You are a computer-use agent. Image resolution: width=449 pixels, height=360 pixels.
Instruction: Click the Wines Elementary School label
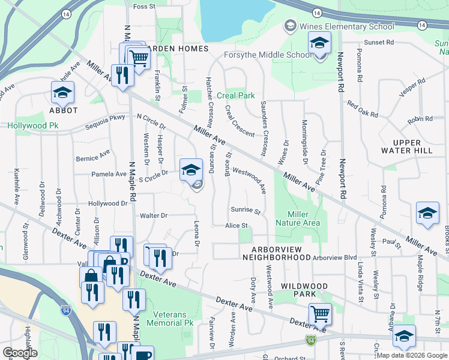[x=348, y=26]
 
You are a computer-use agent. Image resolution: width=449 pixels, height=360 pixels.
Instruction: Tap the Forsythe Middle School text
[x=268, y=55]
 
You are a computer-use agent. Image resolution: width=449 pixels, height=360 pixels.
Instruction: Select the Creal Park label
[x=236, y=95]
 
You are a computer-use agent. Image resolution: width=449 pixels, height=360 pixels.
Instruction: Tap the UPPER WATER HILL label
[x=406, y=146]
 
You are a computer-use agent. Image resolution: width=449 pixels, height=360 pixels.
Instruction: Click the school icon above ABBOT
[x=62, y=93]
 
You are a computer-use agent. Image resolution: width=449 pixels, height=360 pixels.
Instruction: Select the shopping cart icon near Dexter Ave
[x=320, y=313]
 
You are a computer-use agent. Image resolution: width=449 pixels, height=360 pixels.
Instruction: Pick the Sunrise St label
[x=246, y=211]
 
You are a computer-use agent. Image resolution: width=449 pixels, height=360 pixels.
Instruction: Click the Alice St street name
[x=237, y=226]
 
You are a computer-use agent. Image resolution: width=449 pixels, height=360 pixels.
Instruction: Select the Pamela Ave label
[x=92, y=174]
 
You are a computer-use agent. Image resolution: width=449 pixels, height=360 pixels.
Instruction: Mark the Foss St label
[x=144, y=7]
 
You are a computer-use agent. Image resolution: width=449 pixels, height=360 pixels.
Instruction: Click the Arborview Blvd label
[x=334, y=257]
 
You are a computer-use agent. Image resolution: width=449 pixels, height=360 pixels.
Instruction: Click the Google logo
[x=20, y=353]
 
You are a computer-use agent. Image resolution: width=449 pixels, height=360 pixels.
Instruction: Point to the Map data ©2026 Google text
[x=411, y=355]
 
